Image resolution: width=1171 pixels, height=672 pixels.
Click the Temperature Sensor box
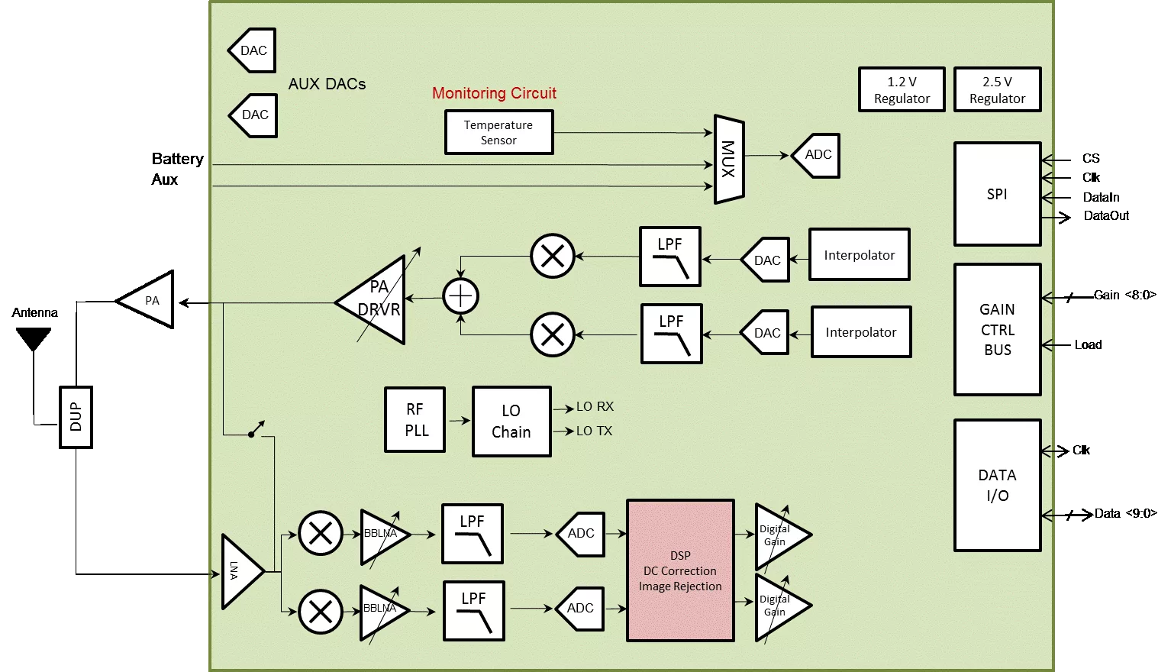point(498,132)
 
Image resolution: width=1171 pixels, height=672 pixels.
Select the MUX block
point(728,160)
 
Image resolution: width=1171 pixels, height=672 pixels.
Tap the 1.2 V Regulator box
point(902,90)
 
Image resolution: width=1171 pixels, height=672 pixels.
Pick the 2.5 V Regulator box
point(997,90)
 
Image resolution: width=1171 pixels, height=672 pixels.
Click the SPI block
point(997,194)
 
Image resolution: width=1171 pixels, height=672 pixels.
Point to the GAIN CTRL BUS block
point(997,330)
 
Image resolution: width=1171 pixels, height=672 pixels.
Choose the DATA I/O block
point(997,485)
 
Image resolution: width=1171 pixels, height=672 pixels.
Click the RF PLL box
point(415,420)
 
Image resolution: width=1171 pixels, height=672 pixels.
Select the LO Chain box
point(511,422)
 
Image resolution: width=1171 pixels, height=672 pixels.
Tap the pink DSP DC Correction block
point(680,570)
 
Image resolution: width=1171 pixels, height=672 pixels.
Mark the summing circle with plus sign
point(461,296)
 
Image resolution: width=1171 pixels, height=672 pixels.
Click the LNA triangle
point(240,571)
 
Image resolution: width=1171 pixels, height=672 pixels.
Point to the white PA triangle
point(150,300)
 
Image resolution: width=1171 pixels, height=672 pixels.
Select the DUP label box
point(76,416)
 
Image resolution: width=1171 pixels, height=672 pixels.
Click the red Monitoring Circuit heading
point(494,93)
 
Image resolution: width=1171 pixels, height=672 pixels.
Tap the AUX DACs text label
point(327,84)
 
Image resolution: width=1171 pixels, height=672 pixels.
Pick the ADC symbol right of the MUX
point(816,155)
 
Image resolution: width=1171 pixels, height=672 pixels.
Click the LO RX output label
point(595,407)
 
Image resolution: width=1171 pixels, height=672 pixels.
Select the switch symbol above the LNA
point(256,430)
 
